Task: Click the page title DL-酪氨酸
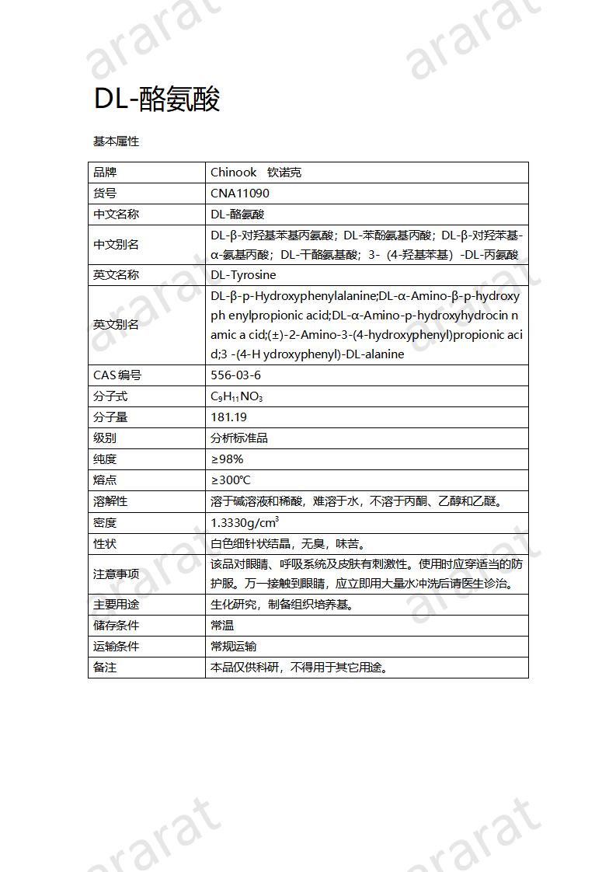tap(157, 99)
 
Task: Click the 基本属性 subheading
tap(116, 141)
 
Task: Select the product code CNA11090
tap(240, 194)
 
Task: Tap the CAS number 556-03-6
tap(236, 375)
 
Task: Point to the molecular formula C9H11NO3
tap(237, 397)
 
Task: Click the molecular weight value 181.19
tap(229, 417)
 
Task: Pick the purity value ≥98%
tap(227, 459)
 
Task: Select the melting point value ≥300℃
tap(231, 480)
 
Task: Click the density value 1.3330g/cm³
tap(245, 522)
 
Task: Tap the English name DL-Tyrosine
tap(243, 275)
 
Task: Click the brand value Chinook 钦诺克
tap(256, 173)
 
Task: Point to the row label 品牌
tap(105, 173)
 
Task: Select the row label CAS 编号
tap(117, 375)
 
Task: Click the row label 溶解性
tap(110, 501)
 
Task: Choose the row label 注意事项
tap(116, 574)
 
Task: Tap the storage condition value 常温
tap(222, 625)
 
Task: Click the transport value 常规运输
tap(234, 646)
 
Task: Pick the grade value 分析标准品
tap(239, 438)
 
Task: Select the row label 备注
tap(105, 667)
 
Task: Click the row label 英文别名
tap(116, 325)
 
